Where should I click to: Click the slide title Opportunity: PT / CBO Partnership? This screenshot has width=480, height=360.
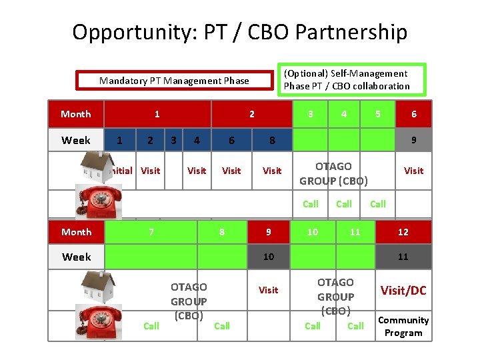[x=239, y=32]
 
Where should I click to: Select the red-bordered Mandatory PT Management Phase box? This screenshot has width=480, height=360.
[x=174, y=81]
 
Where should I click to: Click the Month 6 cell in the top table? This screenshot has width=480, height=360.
[x=413, y=114]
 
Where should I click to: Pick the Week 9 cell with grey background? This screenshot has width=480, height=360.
[x=413, y=141]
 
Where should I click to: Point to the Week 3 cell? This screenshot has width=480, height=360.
[x=173, y=141]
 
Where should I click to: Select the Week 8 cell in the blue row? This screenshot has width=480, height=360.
[x=271, y=141]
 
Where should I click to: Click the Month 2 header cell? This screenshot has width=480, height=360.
[x=251, y=114]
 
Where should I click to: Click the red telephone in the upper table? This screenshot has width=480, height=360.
[x=99, y=201]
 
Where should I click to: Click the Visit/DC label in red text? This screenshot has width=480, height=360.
[x=403, y=291]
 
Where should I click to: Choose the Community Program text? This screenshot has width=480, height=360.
[x=403, y=326]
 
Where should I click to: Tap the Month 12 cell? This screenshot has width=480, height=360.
[x=403, y=232]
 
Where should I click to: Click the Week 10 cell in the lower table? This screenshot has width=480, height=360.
[x=268, y=257]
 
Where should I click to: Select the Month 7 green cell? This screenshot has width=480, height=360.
[x=151, y=232]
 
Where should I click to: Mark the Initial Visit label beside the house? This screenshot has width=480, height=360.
[x=137, y=171]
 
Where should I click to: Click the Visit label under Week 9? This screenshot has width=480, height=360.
[x=413, y=171]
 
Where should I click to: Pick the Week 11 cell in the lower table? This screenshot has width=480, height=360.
[x=403, y=257]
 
